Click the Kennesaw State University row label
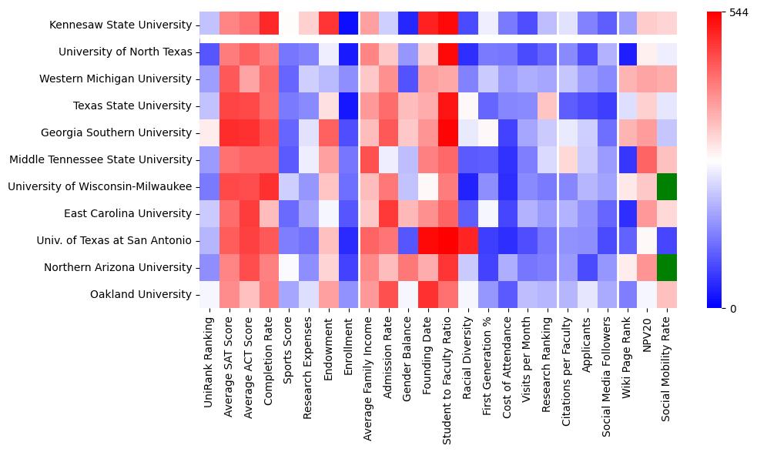click(120, 25)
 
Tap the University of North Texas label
click(125, 52)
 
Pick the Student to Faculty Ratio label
click(449, 377)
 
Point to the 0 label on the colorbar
click(733, 309)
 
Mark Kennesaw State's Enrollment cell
click(350, 25)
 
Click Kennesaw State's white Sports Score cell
click(290, 25)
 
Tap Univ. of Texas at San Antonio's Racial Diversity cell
click(469, 240)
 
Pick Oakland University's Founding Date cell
click(429, 294)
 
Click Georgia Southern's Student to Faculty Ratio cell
click(449, 132)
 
